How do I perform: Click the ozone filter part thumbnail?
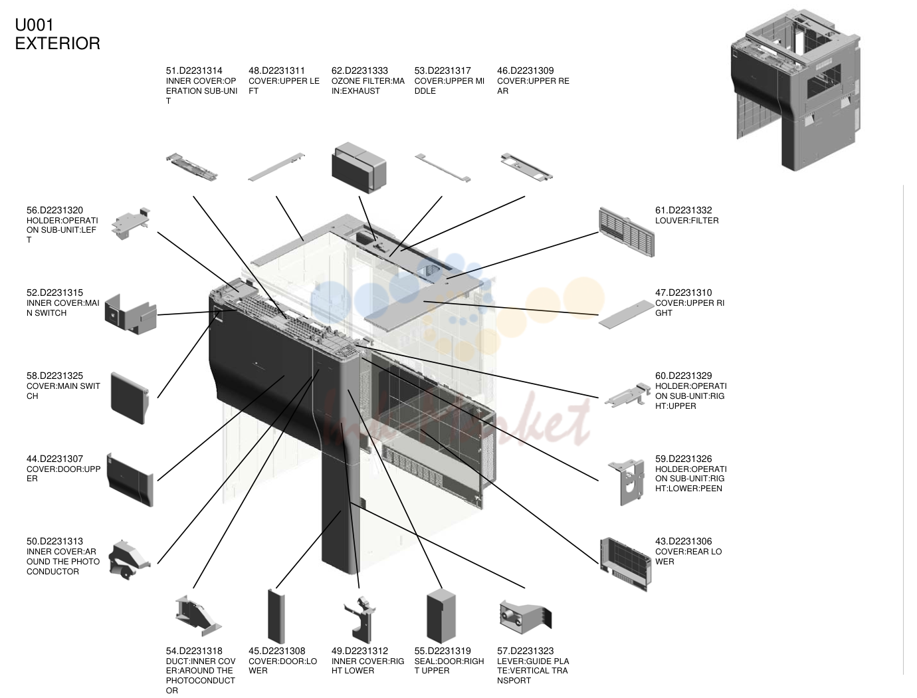click(x=359, y=167)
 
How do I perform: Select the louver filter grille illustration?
click(x=626, y=232)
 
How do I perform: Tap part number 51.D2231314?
click(x=194, y=70)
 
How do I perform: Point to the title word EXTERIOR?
click(x=58, y=43)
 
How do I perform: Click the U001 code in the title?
click(x=35, y=25)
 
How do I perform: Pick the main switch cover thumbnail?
click(x=130, y=398)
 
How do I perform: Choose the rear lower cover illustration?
click(x=625, y=564)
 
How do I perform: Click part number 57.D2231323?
click(x=525, y=651)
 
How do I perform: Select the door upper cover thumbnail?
click(x=130, y=479)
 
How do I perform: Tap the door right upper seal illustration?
click(x=441, y=616)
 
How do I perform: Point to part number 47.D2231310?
click(x=684, y=292)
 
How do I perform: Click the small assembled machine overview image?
click(x=795, y=90)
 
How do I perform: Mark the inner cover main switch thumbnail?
click(x=130, y=314)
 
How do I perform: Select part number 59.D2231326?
click(x=684, y=459)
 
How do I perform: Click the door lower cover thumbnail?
click(x=276, y=616)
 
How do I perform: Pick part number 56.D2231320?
click(x=54, y=210)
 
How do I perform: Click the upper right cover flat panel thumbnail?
click(x=626, y=314)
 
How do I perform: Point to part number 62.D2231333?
click(x=359, y=70)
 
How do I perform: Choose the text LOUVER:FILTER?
click(x=687, y=221)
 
